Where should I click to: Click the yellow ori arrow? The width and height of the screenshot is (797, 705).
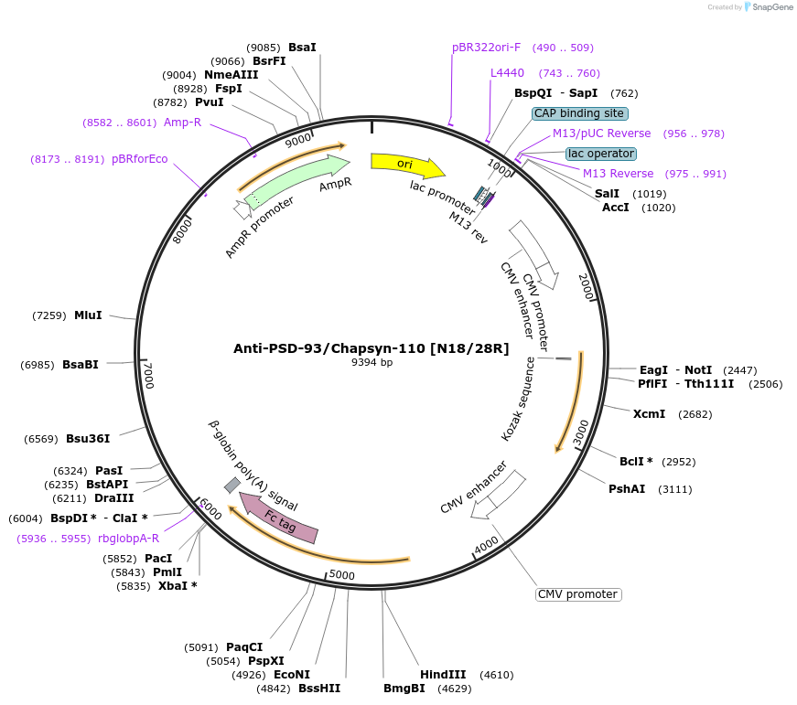coord(405,164)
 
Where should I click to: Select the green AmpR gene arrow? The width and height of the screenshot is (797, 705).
coord(297,182)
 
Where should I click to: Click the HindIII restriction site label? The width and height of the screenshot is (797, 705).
coord(443,675)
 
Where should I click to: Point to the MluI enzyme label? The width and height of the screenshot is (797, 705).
coord(88,315)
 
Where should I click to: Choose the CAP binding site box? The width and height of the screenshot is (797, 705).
coord(579,113)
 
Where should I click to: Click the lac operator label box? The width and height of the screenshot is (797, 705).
coord(599,153)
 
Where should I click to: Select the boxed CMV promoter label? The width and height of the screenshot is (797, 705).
coord(577,594)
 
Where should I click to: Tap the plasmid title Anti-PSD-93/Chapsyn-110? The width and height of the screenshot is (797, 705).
coord(372,348)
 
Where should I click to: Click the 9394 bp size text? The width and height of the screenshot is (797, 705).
coord(372,363)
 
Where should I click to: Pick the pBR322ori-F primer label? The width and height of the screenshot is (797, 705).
coord(486,48)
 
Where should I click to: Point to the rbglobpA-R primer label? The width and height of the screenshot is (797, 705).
coord(128,539)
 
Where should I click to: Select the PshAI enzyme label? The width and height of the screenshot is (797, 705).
coord(627,489)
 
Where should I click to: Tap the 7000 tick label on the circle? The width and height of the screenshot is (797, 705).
coord(148,374)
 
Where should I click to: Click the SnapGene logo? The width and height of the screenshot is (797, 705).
coord(770,6)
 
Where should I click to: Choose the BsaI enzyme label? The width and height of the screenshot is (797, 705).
coord(302,48)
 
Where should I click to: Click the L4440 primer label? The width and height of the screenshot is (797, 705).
coord(507,73)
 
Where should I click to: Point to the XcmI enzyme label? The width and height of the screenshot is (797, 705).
coord(649,414)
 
